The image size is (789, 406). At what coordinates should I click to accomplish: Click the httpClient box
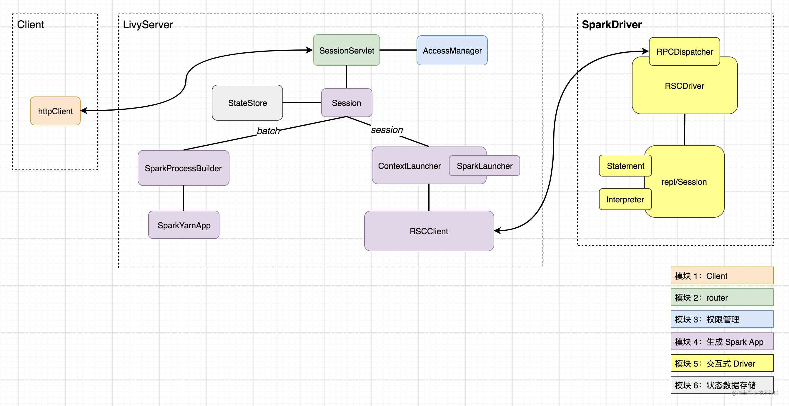point(55,111)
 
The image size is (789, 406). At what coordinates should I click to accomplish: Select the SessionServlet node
point(347,50)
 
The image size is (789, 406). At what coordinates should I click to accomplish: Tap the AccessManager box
point(452,51)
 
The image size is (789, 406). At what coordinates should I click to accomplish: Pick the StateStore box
point(247,103)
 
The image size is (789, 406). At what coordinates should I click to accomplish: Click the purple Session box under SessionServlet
point(347,103)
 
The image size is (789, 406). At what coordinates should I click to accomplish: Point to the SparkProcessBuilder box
point(183,168)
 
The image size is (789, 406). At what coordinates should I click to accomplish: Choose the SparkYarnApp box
point(184,225)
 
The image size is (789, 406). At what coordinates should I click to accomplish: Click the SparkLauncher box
point(484,166)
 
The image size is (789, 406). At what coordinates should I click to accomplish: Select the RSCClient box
point(429,231)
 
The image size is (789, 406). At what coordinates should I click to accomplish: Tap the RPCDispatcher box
point(685,52)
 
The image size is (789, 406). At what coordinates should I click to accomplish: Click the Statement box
point(625,166)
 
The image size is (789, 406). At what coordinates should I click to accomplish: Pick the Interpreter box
point(625,199)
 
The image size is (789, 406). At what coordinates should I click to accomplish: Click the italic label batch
point(268,131)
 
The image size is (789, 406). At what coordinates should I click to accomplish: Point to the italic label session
point(387,130)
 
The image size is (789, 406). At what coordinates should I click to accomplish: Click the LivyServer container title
point(148,24)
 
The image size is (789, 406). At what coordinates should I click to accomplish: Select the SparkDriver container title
point(611,24)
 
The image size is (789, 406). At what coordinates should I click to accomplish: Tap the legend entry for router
point(722,297)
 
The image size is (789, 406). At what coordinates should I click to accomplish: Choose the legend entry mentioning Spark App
point(722,341)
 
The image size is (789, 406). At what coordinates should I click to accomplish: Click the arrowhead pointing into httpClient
point(83,111)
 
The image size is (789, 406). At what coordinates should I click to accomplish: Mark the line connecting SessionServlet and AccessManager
point(398,50)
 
